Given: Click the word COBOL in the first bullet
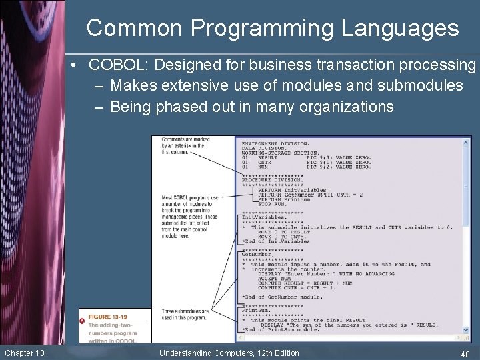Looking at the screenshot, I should point(113,65).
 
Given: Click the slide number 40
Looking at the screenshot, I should point(465,353).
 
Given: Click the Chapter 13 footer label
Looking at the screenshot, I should point(24,353).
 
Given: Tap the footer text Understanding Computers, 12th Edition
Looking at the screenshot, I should point(229,353).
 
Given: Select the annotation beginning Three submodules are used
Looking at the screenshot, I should point(185,314).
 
